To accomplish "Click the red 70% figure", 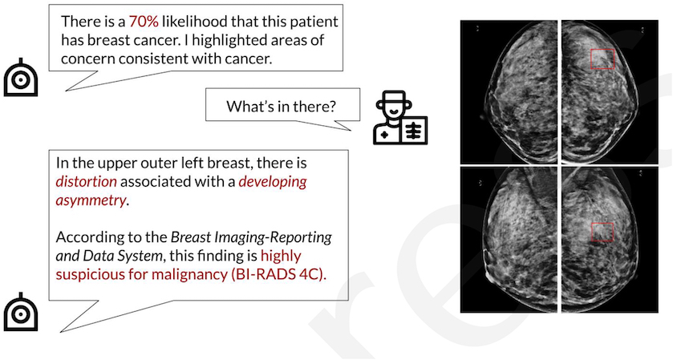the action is (144, 22).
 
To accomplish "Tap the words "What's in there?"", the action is (281, 106).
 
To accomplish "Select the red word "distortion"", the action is (87, 181).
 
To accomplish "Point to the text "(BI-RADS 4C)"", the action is (278, 274).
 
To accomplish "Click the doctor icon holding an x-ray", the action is (400, 117).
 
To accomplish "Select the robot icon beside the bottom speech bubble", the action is (21, 313).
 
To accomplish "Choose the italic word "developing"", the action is (273, 181).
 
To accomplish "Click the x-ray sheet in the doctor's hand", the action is (413, 130).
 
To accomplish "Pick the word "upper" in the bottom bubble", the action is (114, 164).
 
